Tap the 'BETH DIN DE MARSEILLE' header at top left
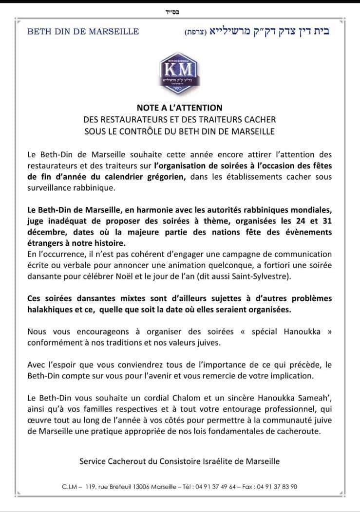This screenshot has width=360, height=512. tap(83, 32)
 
